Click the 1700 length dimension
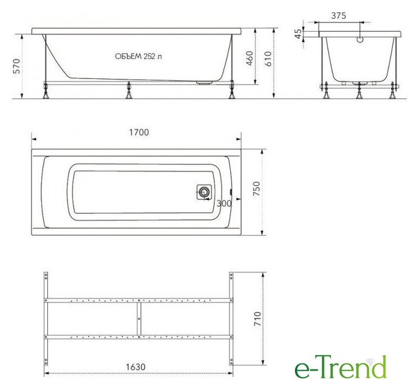139,132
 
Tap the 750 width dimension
256,188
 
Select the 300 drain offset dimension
224,204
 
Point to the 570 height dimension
16,66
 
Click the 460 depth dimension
250,58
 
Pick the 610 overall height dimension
268,58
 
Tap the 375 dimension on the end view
339,16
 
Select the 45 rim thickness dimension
298,33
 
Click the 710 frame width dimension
257,318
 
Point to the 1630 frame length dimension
136,367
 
